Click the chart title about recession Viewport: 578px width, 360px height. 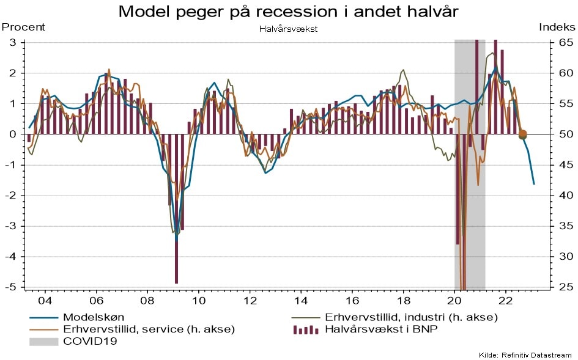point(288,11)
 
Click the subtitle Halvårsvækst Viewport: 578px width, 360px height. point(288,28)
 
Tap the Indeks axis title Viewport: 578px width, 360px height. point(557,27)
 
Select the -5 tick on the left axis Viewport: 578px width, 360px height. point(12,287)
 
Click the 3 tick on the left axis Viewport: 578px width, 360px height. point(12,42)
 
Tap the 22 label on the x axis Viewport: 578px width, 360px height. point(506,301)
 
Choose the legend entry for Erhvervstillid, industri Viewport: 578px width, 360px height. point(411,317)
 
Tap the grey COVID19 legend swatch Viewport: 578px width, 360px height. point(43,342)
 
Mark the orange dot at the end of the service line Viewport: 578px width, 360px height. point(523,133)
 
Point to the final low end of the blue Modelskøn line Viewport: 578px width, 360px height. point(534,184)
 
